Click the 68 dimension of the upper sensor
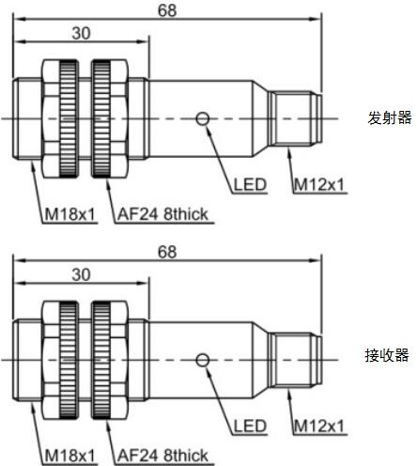point(167,10)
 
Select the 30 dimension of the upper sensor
point(81,33)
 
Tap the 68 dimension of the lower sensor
point(167,252)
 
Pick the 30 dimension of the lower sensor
point(81,275)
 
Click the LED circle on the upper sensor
point(203,118)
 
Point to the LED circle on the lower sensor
point(203,360)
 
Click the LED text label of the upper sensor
point(250,185)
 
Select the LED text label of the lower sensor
point(250,427)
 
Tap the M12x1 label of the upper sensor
point(319,185)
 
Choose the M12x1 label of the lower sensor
point(319,427)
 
